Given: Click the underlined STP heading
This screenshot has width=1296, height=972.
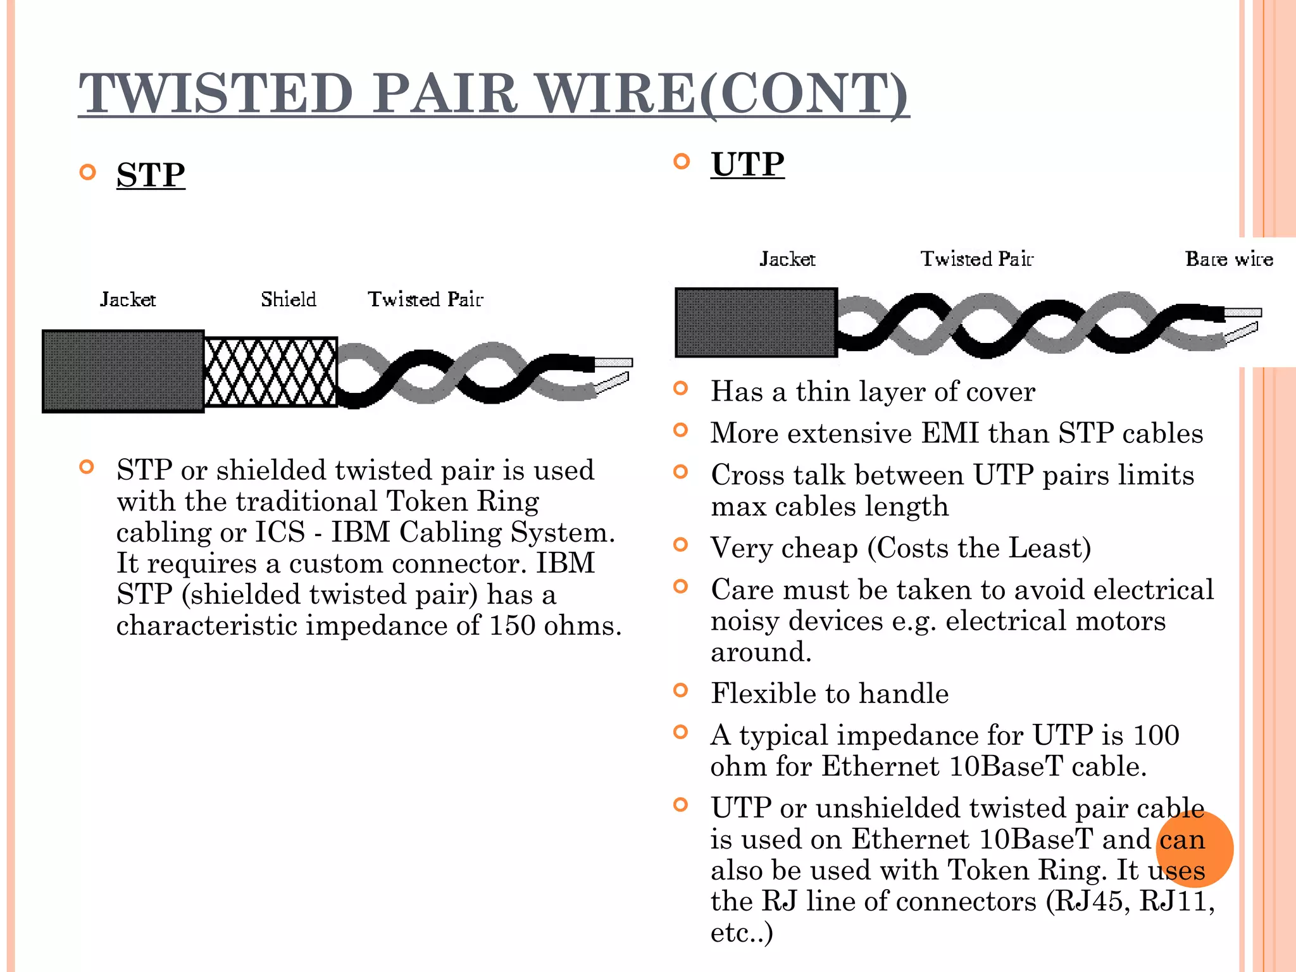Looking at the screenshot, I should tap(151, 175).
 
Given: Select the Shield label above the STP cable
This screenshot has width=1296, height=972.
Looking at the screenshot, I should tap(289, 299).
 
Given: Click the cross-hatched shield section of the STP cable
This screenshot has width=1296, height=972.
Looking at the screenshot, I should tap(271, 372).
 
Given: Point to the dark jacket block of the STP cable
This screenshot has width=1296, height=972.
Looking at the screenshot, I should tap(123, 371).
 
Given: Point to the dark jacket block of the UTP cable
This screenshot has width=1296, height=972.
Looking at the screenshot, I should tap(756, 323).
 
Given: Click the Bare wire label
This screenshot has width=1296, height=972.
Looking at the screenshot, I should tap(1229, 259).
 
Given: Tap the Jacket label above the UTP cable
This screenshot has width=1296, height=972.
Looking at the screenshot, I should tap(787, 259).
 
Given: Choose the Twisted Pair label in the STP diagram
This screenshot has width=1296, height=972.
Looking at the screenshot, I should tap(425, 299).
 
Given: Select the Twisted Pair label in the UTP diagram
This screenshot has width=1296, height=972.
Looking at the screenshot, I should tap(976, 259).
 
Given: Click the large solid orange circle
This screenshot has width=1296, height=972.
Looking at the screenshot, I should tap(1194, 849).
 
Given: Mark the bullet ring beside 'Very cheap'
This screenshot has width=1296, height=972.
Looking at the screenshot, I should tap(681, 545).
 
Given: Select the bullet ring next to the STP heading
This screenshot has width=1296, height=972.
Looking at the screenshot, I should tap(88, 172).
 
